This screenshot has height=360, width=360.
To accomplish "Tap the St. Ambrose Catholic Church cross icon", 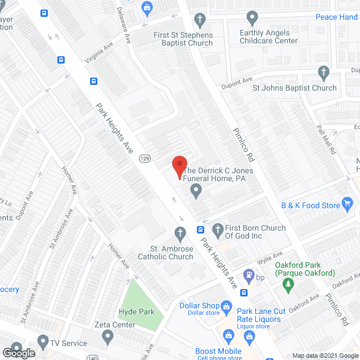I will tap(180, 232).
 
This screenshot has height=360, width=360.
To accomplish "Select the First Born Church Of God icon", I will tap(218, 229).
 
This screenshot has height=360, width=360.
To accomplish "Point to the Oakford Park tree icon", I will tap(289, 285).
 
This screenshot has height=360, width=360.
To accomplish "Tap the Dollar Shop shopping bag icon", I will tap(227, 307).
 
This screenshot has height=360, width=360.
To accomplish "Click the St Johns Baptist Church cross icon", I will tap(323, 73).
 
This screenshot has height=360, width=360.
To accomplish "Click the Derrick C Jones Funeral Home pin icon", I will tap(196, 192).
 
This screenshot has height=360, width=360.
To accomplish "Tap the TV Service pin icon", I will tap(43, 341).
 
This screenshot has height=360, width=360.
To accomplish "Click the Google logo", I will tap(19, 353).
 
